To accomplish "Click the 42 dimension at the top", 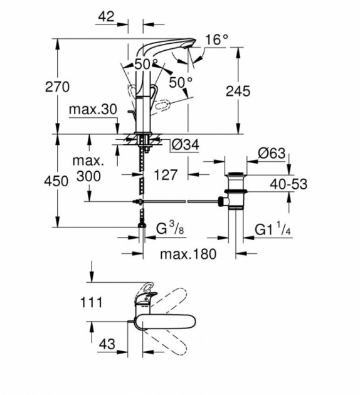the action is (x=106, y=17).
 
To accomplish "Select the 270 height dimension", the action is (x=57, y=87).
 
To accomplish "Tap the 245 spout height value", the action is (x=238, y=91).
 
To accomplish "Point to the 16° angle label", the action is (x=216, y=39).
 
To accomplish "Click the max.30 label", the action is (x=93, y=109).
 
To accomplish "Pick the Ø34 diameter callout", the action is (x=186, y=145).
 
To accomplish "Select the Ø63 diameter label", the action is (x=272, y=154).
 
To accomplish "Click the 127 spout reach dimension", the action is (x=166, y=175).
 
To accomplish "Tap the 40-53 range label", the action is (x=289, y=184).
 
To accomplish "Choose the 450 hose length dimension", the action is (x=56, y=181).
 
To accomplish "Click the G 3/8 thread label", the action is (x=170, y=228).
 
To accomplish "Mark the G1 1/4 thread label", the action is (x=273, y=229).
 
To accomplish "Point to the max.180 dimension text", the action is (x=188, y=254).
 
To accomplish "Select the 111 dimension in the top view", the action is (x=91, y=302).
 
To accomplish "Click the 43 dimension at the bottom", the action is (x=107, y=344).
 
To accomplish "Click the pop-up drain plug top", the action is (x=236, y=174).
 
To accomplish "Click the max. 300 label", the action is (x=88, y=169).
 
